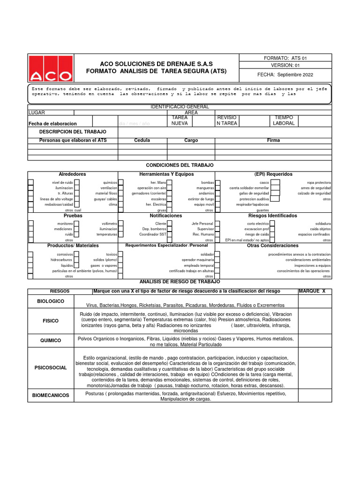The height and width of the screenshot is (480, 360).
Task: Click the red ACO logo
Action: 51,69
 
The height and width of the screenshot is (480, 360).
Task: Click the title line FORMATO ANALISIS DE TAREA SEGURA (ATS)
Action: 156,71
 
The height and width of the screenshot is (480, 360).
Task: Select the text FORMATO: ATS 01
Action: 285,58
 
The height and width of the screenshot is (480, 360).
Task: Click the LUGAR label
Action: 37,112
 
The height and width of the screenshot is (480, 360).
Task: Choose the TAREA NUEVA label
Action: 180,120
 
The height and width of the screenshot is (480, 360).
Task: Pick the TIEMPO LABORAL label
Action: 284,120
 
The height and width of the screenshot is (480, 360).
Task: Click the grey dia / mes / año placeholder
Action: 134,123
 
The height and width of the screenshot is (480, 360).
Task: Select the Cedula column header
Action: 142,140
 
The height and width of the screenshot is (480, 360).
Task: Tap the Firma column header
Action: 273,140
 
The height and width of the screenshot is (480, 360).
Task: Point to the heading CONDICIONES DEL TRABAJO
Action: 180,165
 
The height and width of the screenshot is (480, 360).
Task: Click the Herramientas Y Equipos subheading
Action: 166,174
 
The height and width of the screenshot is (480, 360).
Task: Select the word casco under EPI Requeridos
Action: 264,182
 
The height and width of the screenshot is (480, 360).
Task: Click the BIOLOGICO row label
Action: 51,301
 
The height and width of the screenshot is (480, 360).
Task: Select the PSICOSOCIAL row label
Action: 51,367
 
